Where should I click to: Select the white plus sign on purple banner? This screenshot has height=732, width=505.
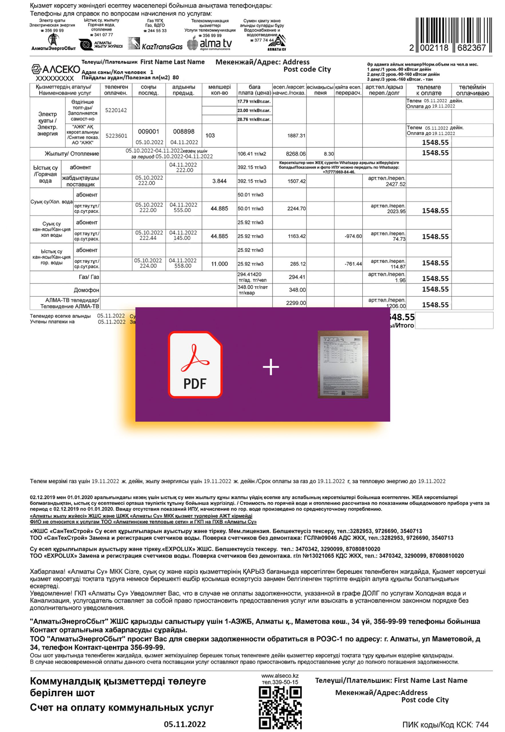click(271, 367)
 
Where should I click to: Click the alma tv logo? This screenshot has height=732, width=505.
click(210, 44)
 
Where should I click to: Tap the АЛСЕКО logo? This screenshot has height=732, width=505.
click(56, 69)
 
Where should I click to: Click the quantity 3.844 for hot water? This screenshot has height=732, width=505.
click(219, 181)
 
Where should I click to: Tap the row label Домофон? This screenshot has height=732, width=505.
click(86, 290)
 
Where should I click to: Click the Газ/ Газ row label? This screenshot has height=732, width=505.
click(89, 277)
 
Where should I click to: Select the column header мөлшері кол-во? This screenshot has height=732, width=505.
click(219, 90)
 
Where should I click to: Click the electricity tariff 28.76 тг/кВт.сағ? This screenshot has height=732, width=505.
click(254, 119)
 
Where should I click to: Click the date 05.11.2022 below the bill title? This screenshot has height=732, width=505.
click(185, 724)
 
